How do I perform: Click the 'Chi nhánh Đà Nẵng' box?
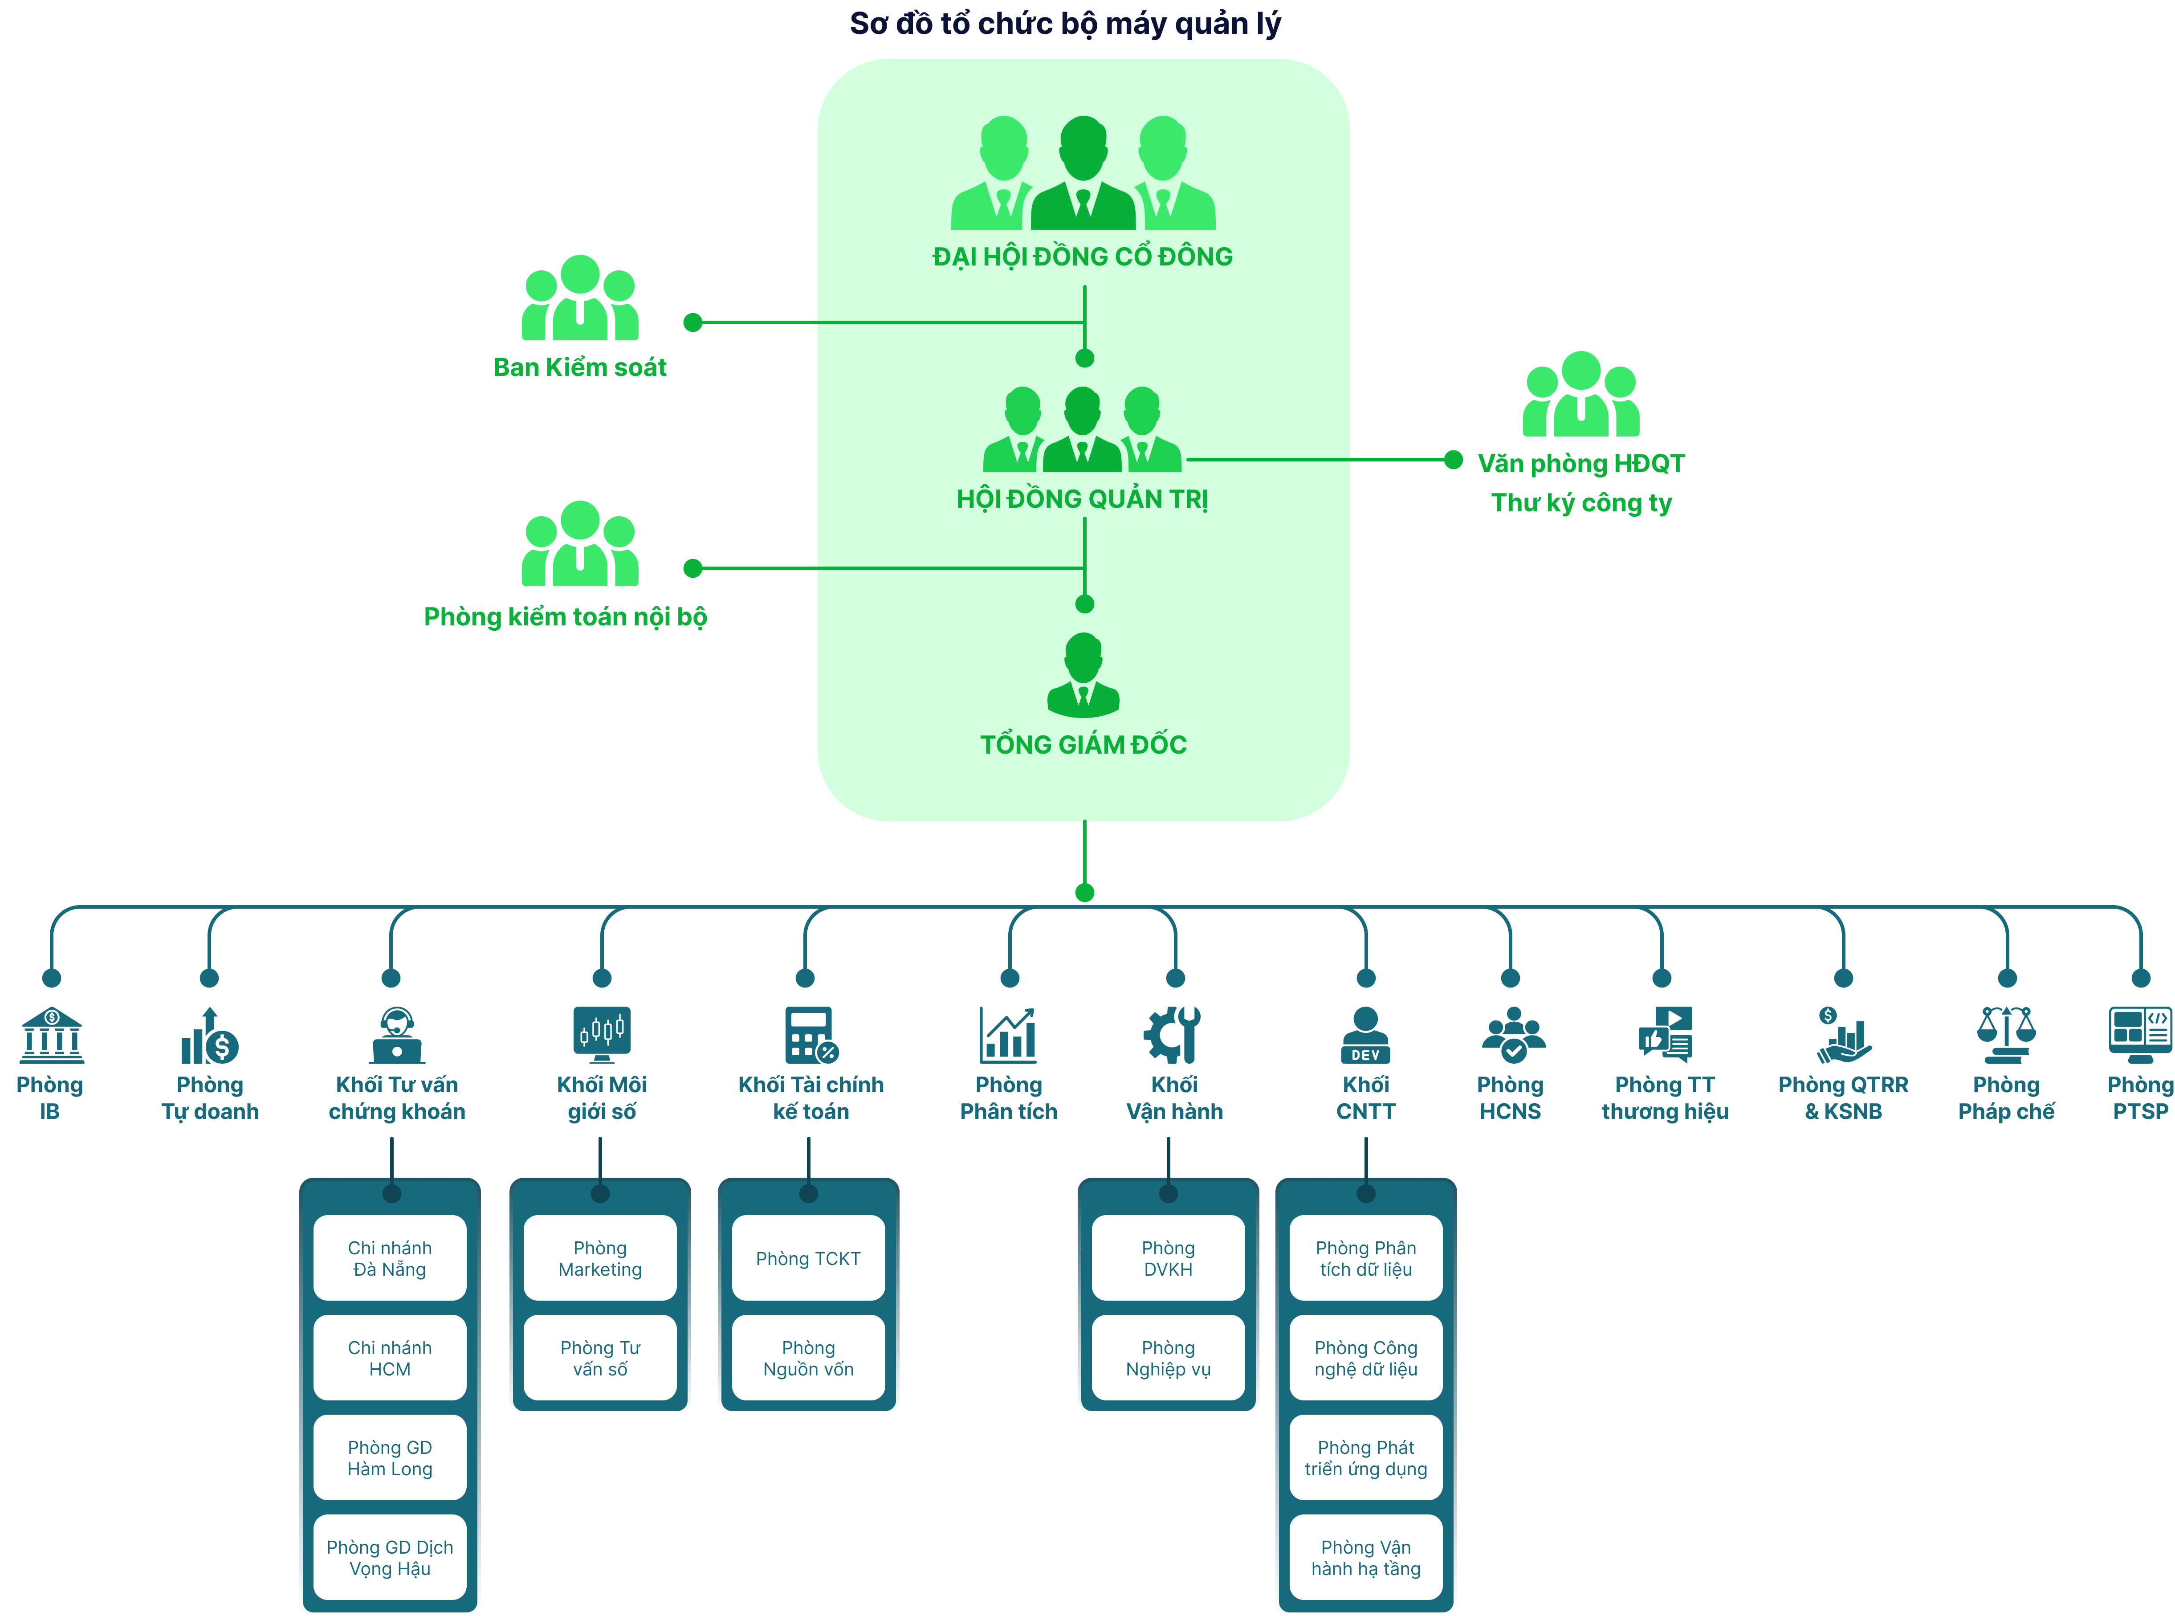(389, 1258)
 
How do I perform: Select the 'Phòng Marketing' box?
(599, 1258)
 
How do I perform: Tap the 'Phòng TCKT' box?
(808, 1258)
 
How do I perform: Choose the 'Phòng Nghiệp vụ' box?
(1168, 1358)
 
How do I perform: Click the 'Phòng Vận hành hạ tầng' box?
(1365, 1557)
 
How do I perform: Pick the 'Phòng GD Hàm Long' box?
(389, 1457)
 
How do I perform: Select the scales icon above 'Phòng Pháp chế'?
(2006, 1034)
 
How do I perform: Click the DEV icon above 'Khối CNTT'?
(1365, 1034)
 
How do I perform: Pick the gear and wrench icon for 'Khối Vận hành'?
(1173, 1034)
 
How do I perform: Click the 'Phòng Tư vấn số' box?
(599, 1358)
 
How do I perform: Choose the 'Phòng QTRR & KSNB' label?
(1842, 1098)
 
